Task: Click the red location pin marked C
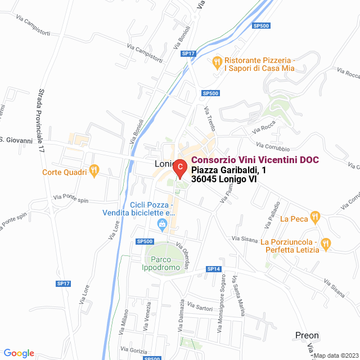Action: [x=179, y=168]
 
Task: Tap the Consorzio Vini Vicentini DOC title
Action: [x=255, y=160]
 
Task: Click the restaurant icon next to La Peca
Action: [x=316, y=215]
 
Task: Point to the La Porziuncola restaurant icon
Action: [x=326, y=243]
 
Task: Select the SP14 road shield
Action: [x=213, y=269]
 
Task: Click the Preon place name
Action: [x=307, y=335]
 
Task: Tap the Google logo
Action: [x=19, y=353]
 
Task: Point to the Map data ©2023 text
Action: [x=335, y=355]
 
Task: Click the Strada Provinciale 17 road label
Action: [x=41, y=121]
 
